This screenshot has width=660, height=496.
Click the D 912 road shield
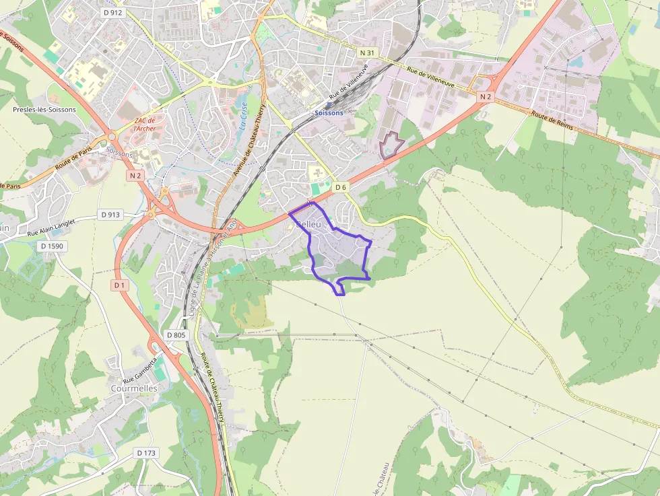112,12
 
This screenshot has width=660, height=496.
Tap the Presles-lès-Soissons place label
44,109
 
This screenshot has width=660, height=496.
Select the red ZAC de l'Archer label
145,125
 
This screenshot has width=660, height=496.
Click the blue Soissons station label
329,113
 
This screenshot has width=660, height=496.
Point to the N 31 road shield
366,52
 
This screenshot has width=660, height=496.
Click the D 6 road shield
341,188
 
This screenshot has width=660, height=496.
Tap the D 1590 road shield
51,246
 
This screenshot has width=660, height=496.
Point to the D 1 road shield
119,285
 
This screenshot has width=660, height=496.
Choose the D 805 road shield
175,335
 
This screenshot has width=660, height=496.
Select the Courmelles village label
134,388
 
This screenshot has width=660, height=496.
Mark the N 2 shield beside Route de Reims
485,98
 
